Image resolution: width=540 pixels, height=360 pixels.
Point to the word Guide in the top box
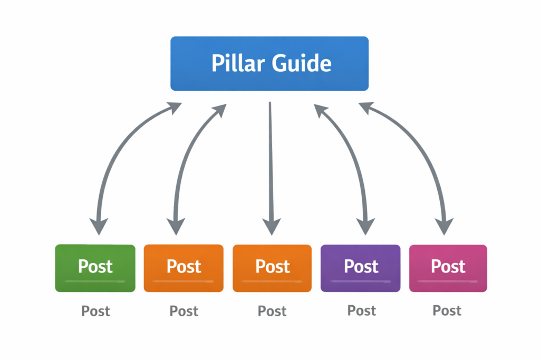tap(302, 64)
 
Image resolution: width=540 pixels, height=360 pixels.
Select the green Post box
tap(95, 268)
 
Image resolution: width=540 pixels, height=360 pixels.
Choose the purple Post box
tap(361, 268)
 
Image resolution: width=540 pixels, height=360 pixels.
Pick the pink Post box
tap(448, 268)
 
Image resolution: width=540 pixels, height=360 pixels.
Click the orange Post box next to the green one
tap(184, 268)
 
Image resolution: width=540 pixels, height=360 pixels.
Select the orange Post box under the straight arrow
tap(272, 268)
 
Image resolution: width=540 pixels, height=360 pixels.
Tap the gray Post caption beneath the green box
tap(95, 311)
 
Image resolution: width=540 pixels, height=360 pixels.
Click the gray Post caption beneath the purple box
tap(362, 310)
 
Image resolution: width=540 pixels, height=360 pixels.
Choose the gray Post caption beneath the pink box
tap(447, 310)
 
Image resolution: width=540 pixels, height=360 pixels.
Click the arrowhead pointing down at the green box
tap(98, 226)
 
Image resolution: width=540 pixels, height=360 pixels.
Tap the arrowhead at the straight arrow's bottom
tap(271, 226)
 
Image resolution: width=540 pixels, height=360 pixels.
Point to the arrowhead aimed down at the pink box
tap(444, 226)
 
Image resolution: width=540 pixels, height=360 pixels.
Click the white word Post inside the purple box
tap(361, 266)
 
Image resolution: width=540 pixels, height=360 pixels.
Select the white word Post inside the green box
tap(95, 266)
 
